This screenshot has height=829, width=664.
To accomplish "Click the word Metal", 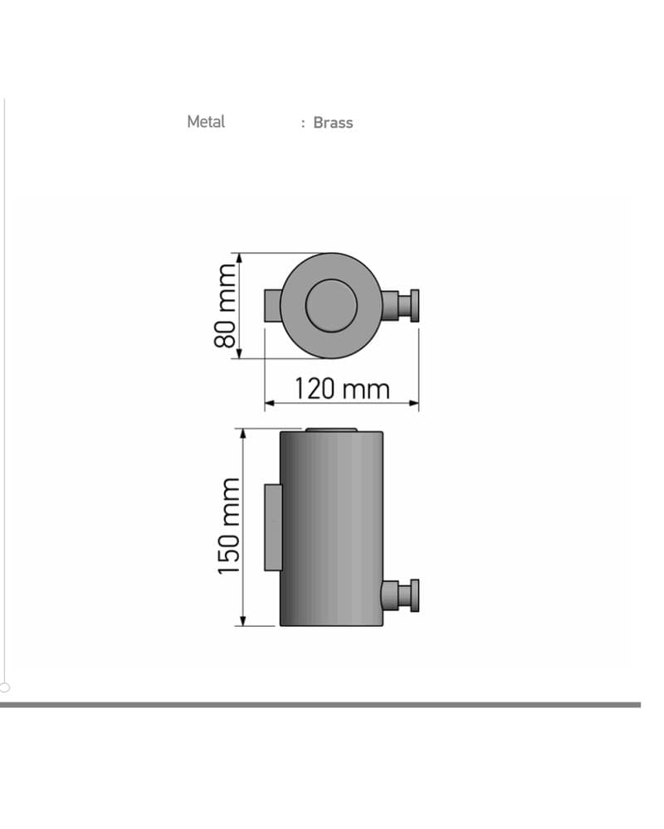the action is tap(206, 122).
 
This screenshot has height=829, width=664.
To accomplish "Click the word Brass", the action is tap(333, 123).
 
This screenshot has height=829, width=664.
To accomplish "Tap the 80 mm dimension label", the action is tap(225, 306).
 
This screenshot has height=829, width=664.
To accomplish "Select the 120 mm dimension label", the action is tap(342, 389).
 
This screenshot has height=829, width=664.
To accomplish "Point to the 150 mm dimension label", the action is tap(229, 526).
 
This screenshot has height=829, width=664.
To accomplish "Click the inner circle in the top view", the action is tap(331, 306).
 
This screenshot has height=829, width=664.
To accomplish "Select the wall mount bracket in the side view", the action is tap(273, 527).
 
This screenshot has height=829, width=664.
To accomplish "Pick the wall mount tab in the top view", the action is tap(273, 306).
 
